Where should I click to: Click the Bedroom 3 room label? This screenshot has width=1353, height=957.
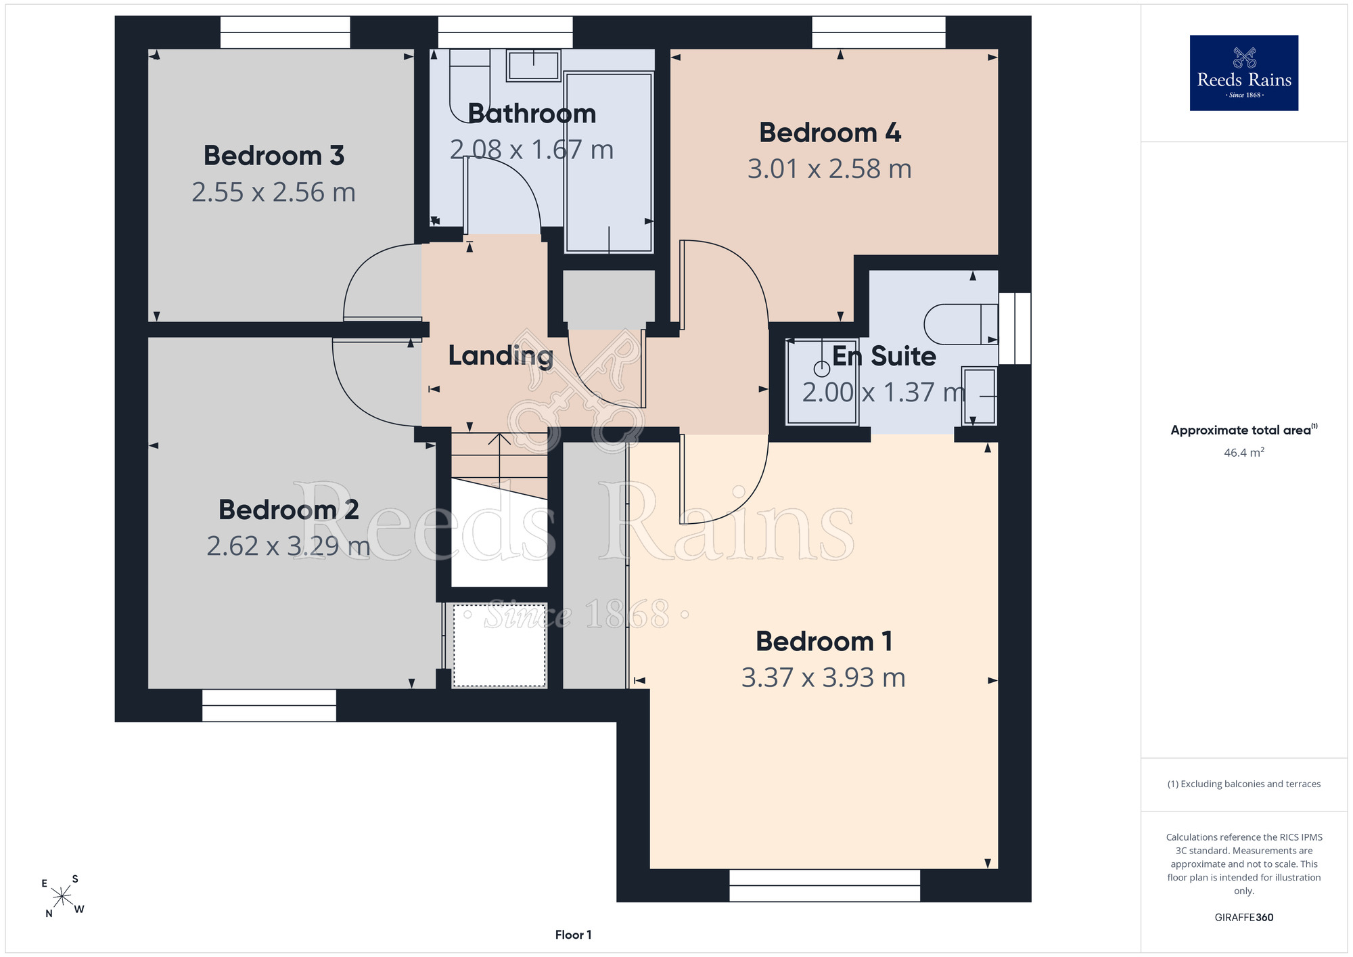[274, 156]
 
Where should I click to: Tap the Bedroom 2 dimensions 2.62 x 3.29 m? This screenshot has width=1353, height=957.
[289, 546]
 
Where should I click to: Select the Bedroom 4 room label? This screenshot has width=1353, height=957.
[830, 133]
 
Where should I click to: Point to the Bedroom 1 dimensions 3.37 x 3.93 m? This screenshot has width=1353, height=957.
[823, 677]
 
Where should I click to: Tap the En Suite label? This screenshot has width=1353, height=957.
[884, 356]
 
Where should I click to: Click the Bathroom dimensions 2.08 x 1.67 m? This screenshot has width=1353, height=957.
[532, 150]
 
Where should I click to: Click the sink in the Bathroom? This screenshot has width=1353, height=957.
[534, 66]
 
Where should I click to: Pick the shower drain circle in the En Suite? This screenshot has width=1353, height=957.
[821, 369]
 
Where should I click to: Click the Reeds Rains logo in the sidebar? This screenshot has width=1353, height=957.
[1244, 73]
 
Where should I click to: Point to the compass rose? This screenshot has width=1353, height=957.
[62, 896]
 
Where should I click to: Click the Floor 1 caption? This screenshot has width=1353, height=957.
[573, 935]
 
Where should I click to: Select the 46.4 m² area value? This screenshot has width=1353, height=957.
[1244, 452]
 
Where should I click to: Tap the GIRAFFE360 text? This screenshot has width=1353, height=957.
[1244, 918]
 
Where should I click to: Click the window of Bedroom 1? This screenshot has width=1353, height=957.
[825, 885]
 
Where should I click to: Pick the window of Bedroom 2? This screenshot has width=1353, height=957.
[269, 705]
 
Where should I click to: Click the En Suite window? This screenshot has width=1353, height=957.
[1015, 328]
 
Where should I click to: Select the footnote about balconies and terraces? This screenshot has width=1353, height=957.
[1244, 784]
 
